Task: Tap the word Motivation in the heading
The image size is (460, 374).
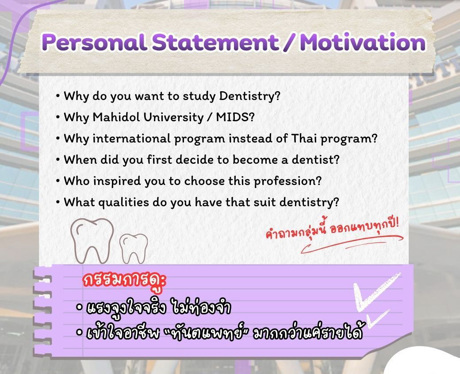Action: pyautogui.click(x=363, y=43)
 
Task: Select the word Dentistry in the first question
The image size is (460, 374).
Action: pyautogui.click(x=249, y=96)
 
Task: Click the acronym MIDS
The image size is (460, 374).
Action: pyautogui.click(x=235, y=117)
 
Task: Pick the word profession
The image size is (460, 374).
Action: pyautogui.click(x=287, y=181)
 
